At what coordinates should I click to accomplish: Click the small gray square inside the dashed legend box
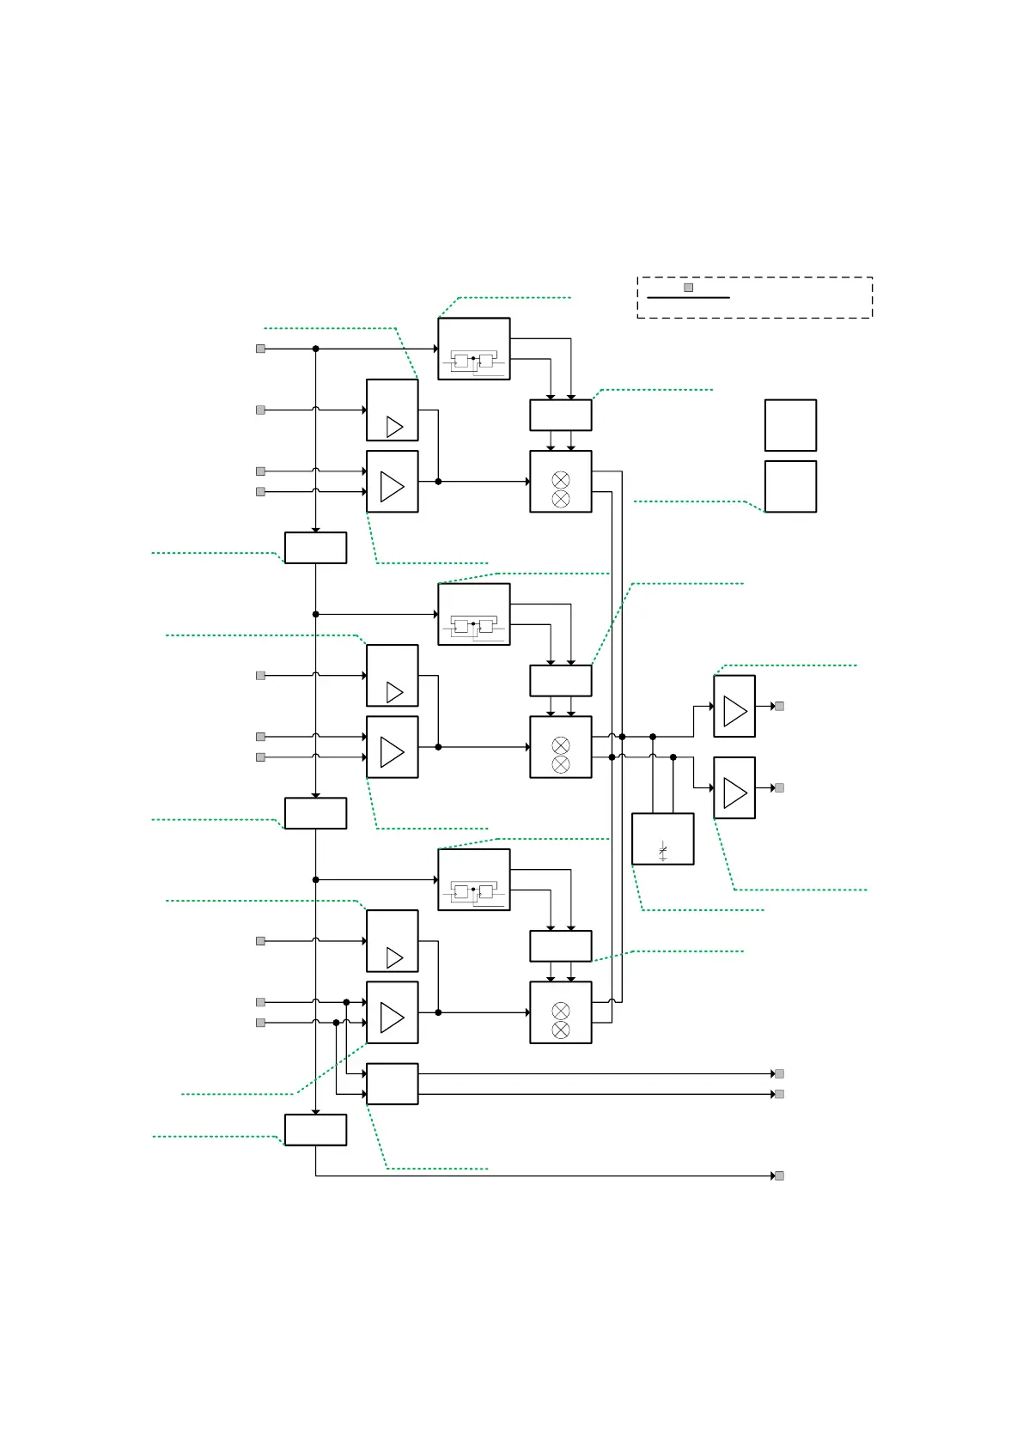pos(688,288)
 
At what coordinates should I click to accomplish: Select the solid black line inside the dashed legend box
pos(687,298)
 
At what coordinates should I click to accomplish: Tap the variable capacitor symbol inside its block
pos(662,850)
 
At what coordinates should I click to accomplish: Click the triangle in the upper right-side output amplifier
pos(734,711)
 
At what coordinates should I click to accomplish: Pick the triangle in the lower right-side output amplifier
pos(734,793)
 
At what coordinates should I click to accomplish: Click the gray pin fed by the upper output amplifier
pos(779,706)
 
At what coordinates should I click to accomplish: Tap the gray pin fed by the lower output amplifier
pos(779,787)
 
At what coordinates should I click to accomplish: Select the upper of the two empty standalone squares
pos(790,425)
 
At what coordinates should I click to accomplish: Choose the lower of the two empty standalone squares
pos(790,486)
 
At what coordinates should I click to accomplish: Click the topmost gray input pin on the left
pos(260,349)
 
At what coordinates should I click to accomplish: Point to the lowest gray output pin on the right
pos(779,1176)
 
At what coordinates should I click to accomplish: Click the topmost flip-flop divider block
pos(473,349)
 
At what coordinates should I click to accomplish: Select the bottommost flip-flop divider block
pos(473,879)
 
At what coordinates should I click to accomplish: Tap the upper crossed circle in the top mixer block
pos(560,479)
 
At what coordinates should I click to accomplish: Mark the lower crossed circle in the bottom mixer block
pos(560,1030)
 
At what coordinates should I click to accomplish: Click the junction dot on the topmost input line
pos(315,349)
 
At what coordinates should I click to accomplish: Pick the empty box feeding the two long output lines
pos(392,1084)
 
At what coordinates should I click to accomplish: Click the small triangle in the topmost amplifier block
pos(394,426)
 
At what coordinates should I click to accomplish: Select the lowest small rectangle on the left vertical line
pos(315,1130)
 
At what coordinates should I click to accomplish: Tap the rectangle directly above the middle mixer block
pos(560,680)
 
